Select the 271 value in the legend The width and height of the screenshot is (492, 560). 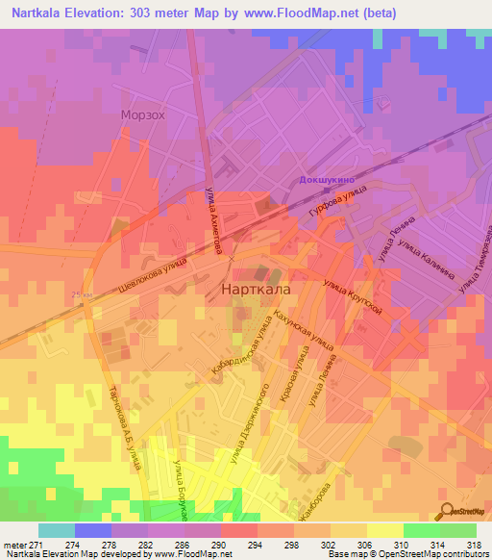coord(29,546)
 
